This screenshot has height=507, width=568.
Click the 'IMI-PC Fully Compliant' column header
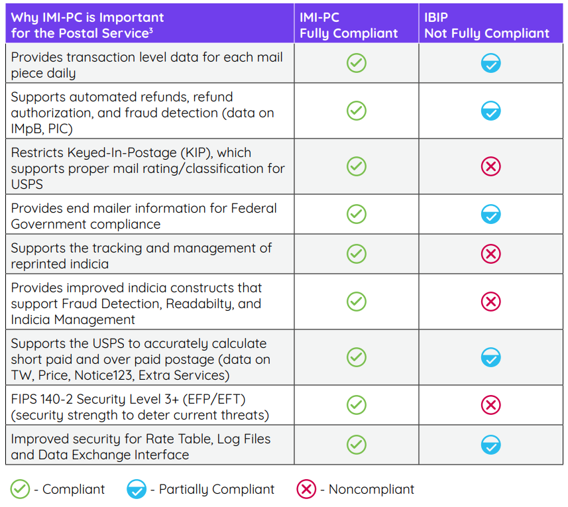tap(349, 25)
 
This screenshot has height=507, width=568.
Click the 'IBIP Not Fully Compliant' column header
tap(486, 25)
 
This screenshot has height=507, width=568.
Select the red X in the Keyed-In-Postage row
tap(490, 166)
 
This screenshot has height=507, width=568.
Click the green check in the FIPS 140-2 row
tap(357, 404)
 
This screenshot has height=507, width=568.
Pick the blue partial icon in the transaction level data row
tap(490, 64)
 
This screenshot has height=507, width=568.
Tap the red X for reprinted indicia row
tap(490, 254)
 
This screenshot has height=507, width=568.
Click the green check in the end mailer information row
tap(357, 214)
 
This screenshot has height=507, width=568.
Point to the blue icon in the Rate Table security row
tap(490, 445)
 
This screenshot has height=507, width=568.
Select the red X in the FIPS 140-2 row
tap(490, 404)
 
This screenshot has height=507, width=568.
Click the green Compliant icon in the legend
tap(20, 490)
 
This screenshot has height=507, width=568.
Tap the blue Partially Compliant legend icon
tap(136, 490)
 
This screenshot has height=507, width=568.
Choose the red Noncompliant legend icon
tap(306, 490)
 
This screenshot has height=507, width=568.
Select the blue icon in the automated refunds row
tap(490, 111)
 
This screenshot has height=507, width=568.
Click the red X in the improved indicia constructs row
tap(490, 302)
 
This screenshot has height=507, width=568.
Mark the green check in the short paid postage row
tap(357, 357)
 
